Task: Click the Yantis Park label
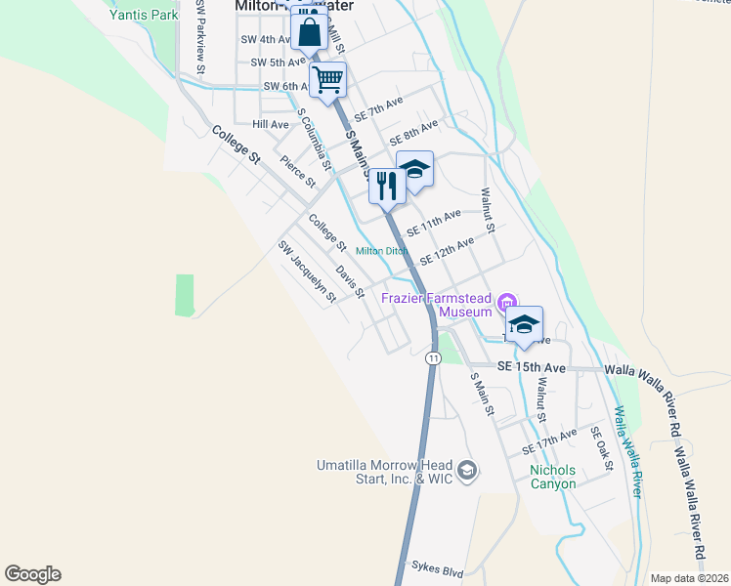[145, 15]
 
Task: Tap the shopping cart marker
[328, 79]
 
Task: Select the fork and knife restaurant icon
[387, 185]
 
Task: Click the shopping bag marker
[309, 31]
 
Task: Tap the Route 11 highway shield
[432, 358]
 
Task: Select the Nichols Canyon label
[553, 477]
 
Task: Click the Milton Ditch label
[381, 251]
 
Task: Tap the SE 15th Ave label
[532, 367]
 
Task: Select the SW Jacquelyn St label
[307, 271]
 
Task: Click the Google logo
[32, 574]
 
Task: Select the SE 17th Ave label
[549, 440]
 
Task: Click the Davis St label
[350, 281]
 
